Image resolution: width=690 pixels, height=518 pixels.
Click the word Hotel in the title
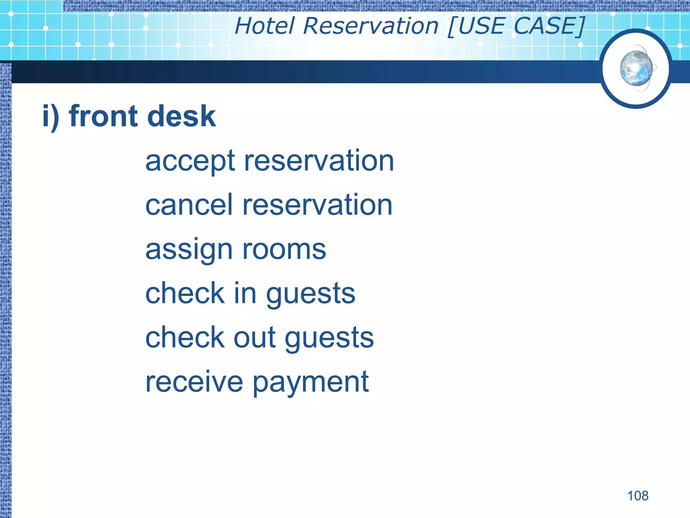coord(265,26)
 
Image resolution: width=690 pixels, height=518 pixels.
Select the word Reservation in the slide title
coord(371,26)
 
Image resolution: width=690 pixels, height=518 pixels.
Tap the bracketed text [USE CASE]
coord(516,26)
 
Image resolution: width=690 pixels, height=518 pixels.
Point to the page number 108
coord(637,496)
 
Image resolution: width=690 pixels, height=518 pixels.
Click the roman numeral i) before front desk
coord(51,116)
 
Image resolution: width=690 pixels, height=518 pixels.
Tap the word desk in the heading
coord(182,116)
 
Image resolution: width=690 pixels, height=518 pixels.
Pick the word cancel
coord(189,205)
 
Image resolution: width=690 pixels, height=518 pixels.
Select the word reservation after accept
coord(319,161)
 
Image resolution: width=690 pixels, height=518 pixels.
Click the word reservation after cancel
coord(317,205)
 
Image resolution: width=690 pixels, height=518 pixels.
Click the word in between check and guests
coord(245,293)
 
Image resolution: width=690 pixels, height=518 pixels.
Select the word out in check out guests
coord(255,338)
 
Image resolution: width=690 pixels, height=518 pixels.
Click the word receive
coord(194,382)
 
